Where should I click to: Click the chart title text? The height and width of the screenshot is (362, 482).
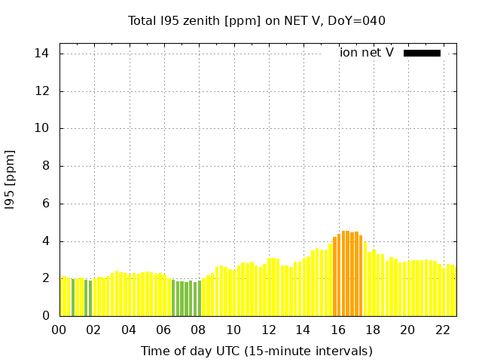tap(257, 21)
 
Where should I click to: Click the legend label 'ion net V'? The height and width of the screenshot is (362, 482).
tap(367, 53)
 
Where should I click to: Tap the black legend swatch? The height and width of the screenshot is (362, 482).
tap(422, 53)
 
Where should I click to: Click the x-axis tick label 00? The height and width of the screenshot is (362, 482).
tap(59, 330)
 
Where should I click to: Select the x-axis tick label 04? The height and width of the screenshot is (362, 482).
tap(129, 330)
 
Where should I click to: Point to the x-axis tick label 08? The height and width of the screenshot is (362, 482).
tap(198, 330)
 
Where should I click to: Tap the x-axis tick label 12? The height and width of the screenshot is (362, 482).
tap(268, 330)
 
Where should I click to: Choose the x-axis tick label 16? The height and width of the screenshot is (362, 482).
tap(337, 330)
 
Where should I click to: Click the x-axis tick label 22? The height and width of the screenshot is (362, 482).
tap(442, 330)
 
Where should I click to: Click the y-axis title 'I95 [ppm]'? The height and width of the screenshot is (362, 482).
tap(11, 179)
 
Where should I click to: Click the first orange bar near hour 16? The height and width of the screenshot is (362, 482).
tap(335, 276)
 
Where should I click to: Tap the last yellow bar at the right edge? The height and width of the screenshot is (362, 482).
tap(453, 290)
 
